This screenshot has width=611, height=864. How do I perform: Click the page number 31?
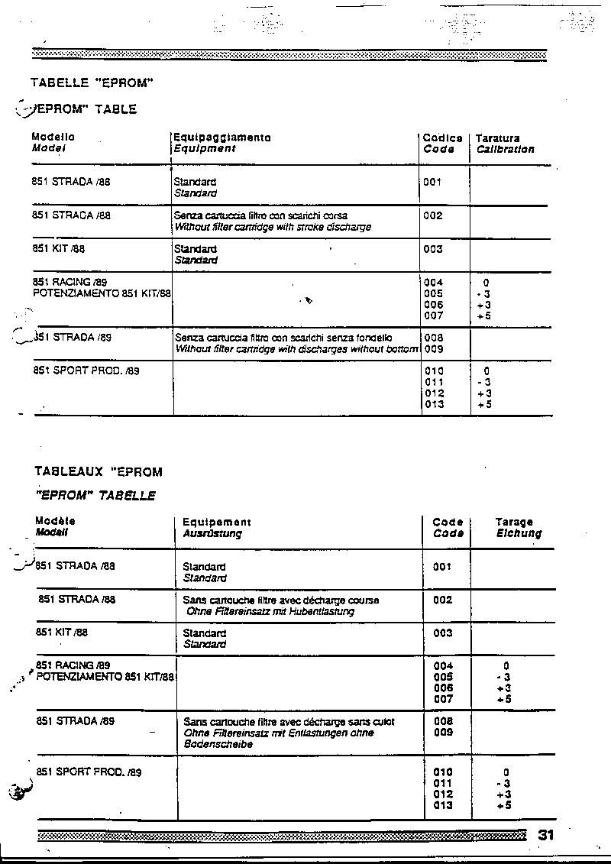(x=545, y=835)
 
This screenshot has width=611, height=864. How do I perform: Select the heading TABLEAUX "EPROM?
(x=99, y=472)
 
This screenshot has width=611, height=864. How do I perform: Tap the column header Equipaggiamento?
(x=222, y=138)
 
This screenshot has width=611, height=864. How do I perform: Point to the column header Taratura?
(x=497, y=138)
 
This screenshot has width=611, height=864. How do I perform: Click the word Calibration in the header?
(x=505, y=150)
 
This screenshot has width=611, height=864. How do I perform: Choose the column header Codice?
(x=443, y=138)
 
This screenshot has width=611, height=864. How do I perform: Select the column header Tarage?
(x=514, y=523)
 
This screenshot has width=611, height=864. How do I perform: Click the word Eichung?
(x=519, y=533)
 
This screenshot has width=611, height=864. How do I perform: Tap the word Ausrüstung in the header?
(x=212, y=533)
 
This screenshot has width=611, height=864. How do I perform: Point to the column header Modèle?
(x=56, y=521)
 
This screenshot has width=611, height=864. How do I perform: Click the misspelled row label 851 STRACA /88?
(x=72, y=215)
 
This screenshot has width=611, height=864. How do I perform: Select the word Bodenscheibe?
(x=218, y=743)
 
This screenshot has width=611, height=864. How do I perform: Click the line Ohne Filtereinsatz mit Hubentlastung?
(x=270, y=611)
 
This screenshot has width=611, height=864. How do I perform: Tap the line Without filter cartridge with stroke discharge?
(x=273, y=227)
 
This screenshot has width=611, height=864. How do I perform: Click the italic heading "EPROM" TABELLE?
(x=95, y=496)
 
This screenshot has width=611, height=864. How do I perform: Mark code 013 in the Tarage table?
(x=443, y=805)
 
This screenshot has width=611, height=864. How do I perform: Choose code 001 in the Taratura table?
(x=432, y=183)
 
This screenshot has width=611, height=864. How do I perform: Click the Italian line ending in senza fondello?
(x=283, y=338)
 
